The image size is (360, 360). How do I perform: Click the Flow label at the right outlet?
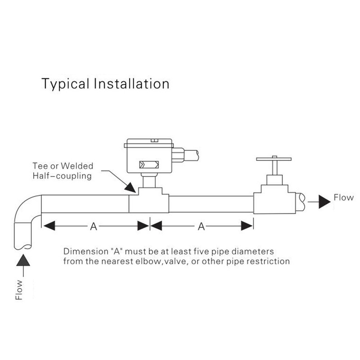point(343,198)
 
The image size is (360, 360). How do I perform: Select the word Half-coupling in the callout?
point(62,176)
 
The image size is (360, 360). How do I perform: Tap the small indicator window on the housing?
point(148,164)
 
